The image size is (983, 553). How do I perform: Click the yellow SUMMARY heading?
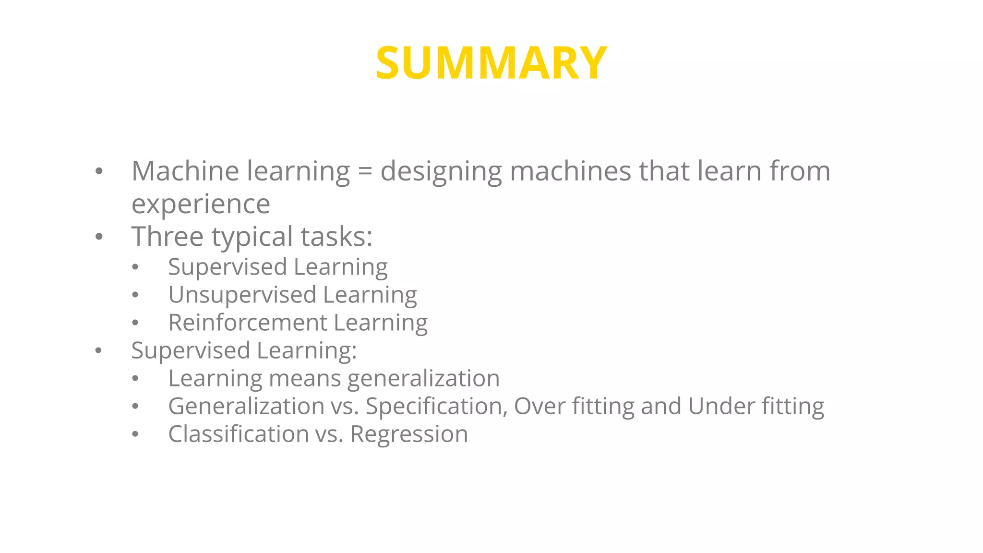click(491, 63)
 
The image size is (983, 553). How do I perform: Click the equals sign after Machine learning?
click(365, 171)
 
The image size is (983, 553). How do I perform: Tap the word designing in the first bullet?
click(441, 172)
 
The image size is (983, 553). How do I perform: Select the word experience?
click(201, 204)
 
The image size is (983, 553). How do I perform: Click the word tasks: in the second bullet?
click(336, 237)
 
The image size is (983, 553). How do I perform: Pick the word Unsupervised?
click(242, 295)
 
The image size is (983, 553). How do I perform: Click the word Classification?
click(238, 434)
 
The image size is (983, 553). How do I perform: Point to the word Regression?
click(408, 434)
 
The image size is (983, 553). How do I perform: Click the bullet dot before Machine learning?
click(99, 171)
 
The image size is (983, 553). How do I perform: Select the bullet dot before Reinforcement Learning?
click(135, 323)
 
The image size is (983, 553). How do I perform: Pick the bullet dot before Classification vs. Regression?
click(135, 434)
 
